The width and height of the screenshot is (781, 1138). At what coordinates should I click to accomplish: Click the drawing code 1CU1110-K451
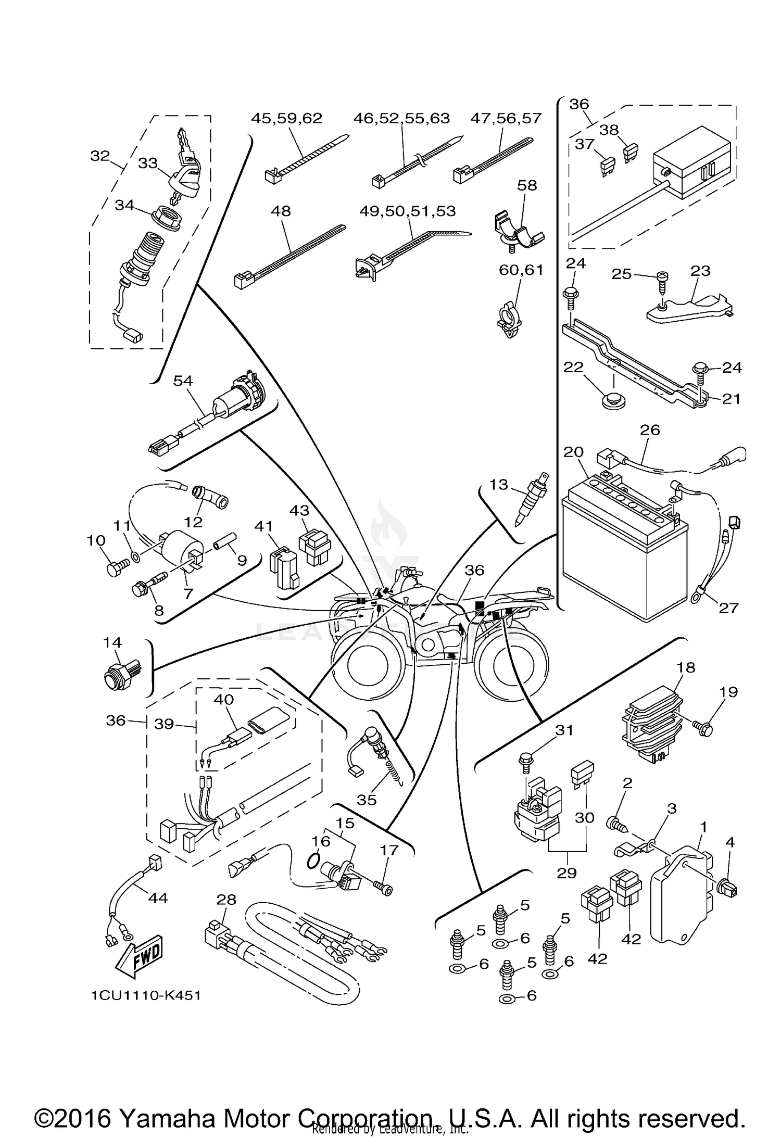coord(146,995)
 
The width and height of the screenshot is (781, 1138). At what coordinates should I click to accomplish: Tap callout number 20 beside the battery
coord(573,452)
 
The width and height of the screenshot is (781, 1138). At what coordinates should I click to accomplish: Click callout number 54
coord(183,381)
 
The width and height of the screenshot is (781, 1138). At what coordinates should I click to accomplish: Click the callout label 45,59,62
coord(286,118)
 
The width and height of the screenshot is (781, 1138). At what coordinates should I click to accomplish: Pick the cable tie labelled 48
coord(289,256)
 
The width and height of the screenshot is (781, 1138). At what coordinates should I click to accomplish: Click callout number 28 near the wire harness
coord(226,900)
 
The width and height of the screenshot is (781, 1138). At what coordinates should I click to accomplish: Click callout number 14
coord(112,642)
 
